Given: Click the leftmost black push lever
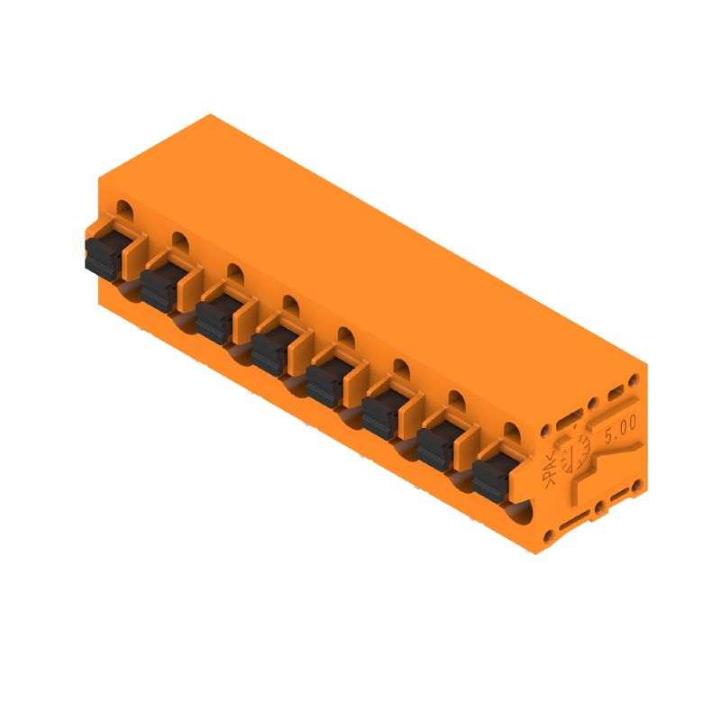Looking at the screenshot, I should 103,255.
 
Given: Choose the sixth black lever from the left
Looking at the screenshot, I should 380,417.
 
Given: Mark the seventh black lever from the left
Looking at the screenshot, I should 435,448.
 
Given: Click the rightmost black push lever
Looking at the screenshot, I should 491,479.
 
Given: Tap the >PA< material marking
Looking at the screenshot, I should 549,468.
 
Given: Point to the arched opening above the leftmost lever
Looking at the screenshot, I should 124,213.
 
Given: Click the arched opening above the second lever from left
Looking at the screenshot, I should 179,242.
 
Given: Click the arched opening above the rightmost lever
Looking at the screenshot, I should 512,433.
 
